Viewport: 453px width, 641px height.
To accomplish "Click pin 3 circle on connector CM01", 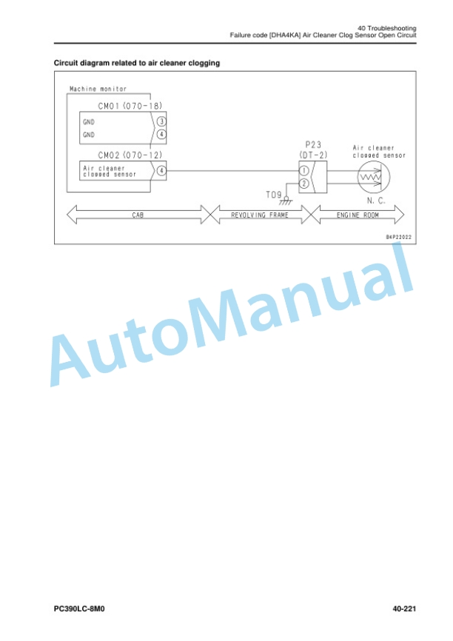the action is tap(161, 121).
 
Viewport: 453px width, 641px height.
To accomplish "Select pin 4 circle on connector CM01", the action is tap(161, 134).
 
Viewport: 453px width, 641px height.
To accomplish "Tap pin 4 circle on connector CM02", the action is tap(161, 170).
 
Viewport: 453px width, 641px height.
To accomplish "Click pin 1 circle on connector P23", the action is tap(303, 171).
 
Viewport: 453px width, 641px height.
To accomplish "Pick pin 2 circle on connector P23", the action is tap(303, 184).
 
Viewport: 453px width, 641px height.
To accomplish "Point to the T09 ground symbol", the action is tap(286, 201).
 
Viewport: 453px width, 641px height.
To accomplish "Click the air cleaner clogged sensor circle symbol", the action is tap(374, 177).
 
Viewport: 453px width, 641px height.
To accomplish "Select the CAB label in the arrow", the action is tap(138, 215).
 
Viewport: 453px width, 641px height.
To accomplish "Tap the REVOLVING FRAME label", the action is tap(260, 215).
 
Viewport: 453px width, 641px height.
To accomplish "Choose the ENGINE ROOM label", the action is tap(358, 215).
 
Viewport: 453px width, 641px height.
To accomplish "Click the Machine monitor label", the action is tap(98, 89).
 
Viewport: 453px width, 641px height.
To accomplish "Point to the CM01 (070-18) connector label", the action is tap(130, 106).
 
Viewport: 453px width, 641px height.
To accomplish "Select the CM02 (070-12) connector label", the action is tap(130, 155).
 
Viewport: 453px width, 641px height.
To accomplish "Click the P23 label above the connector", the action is tap(313, 145).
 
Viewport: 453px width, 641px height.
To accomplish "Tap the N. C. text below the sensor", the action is tap(376, 201).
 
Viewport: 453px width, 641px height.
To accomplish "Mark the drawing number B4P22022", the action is tap(399, 237).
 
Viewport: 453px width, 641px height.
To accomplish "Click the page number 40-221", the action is tap(404, 608).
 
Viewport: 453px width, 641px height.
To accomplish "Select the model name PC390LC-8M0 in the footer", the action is tap(79, 608).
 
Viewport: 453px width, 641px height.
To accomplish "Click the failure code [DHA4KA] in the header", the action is tap(285, 35).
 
